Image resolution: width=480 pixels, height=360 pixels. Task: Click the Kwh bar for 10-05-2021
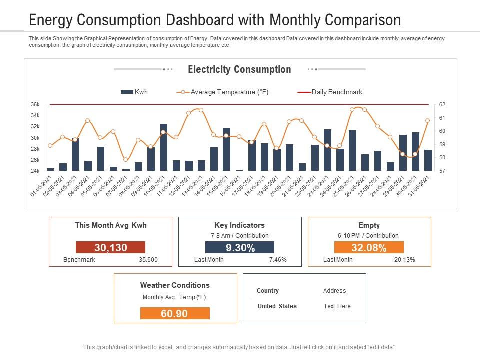click(x=163, y=148)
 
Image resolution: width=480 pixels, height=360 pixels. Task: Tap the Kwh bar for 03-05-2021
click(x=75, y=155)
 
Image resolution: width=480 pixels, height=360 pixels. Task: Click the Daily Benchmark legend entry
click(x=330, y=92)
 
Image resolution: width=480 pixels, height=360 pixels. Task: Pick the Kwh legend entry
click(x=135, y=92)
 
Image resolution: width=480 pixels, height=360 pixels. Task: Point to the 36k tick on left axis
click(x=35, y=105)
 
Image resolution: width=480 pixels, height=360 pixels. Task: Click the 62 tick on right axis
click(x=442, y=105)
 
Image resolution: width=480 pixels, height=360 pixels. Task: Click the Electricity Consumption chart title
click(x=239, y=70)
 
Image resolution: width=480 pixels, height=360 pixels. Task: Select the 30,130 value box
click(x=110, y=247)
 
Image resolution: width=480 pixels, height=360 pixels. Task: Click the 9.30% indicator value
click(x=240, y=247)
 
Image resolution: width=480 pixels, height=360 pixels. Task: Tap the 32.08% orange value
click(x=369, y=247)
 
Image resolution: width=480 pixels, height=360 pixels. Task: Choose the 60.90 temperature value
click(x=175, y=313)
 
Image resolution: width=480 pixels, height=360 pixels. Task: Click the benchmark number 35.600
click(x=148, y=260)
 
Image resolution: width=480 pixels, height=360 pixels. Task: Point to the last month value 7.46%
click(x=278, y=260)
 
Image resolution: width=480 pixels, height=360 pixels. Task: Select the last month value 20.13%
click(x=404, y=260)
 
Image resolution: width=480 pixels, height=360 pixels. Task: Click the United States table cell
click(x=277, y=306)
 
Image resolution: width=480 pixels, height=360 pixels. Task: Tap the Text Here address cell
click(x=337, y=306)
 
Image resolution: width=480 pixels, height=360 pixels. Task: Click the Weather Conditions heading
click(x=175, y=285)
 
